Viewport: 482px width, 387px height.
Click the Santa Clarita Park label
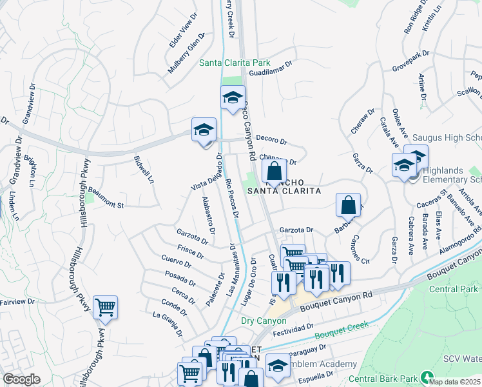click(x=235, y=63)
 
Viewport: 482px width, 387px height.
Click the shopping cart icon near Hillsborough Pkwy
click(x=105, y=308)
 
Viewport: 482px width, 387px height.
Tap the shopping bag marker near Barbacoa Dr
click(x=348, y=205)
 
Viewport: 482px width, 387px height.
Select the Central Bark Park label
click(x=385, y=378)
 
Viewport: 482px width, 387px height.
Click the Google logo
click(x=21, y=379)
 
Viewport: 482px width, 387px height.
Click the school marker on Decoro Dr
click(x=204, y=130)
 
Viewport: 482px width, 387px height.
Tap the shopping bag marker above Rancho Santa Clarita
click(x=274, y=172)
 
